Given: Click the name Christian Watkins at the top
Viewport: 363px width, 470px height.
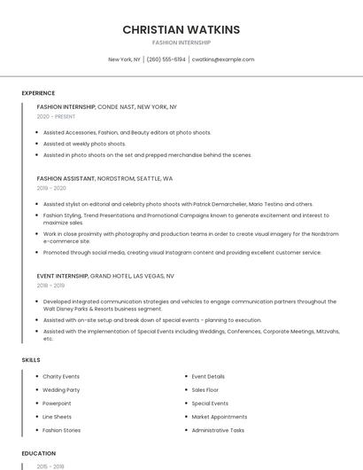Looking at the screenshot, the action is tap(181, 29).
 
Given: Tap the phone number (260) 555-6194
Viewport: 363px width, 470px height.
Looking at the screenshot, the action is tap(166, 59).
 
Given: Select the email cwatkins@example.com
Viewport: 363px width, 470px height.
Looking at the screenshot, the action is tap(223, 59).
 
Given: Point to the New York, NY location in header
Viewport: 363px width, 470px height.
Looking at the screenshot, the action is tap(124, 59).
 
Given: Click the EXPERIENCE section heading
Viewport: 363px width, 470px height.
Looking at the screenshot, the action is tap(38, 93).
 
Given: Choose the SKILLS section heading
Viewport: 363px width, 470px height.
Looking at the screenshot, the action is tap(30, 360).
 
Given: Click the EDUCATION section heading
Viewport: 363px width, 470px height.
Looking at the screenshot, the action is tap(39, 453).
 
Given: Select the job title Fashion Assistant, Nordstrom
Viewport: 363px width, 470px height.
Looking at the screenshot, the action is tap(104, 178).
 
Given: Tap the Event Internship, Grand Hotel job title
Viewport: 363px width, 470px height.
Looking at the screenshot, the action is tap(105, 276).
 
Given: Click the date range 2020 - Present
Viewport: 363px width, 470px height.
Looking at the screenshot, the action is tap(56, 116).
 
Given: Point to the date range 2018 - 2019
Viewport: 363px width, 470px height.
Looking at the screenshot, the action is tap(50, 286).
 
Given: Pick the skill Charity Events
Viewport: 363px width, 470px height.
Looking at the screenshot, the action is tap(61, 377).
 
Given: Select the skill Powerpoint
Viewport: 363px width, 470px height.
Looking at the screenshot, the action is tap(58, 403).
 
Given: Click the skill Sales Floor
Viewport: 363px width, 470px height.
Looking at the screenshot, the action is tap(205, 390).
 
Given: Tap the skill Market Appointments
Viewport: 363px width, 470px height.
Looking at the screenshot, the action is tap(220, 417).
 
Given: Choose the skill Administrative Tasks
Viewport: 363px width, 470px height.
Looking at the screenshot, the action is tap(218, 430).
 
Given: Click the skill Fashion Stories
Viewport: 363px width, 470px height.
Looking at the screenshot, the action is tap(62, 430).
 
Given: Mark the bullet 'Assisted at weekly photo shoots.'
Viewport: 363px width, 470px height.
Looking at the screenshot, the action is tap(85, 144).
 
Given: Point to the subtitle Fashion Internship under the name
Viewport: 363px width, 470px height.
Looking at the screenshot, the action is tap(181, 43).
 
